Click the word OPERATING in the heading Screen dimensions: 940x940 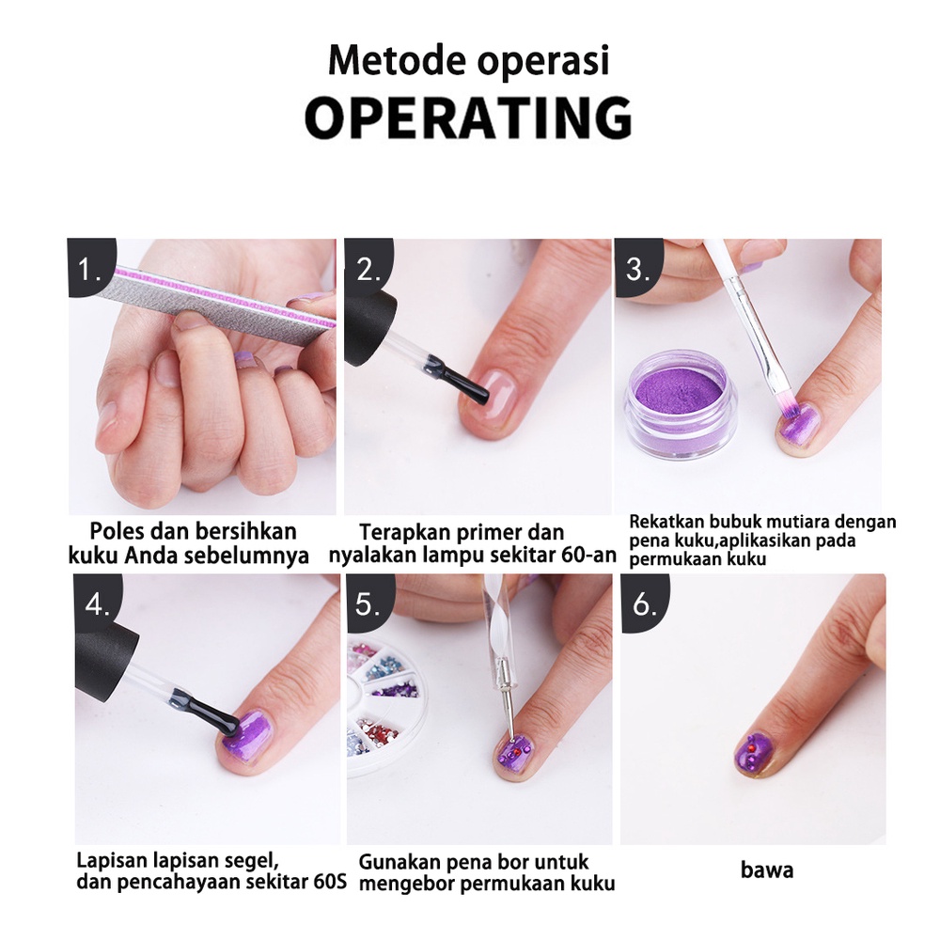[467, 118]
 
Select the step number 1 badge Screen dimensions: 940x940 [90, 271]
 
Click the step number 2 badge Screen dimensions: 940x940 [368, 269]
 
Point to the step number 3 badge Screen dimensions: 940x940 [639, 269]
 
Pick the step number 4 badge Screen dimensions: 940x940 [98, 603]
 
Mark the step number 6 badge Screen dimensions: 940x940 [645, 604]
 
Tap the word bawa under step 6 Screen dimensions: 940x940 [766, 870]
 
